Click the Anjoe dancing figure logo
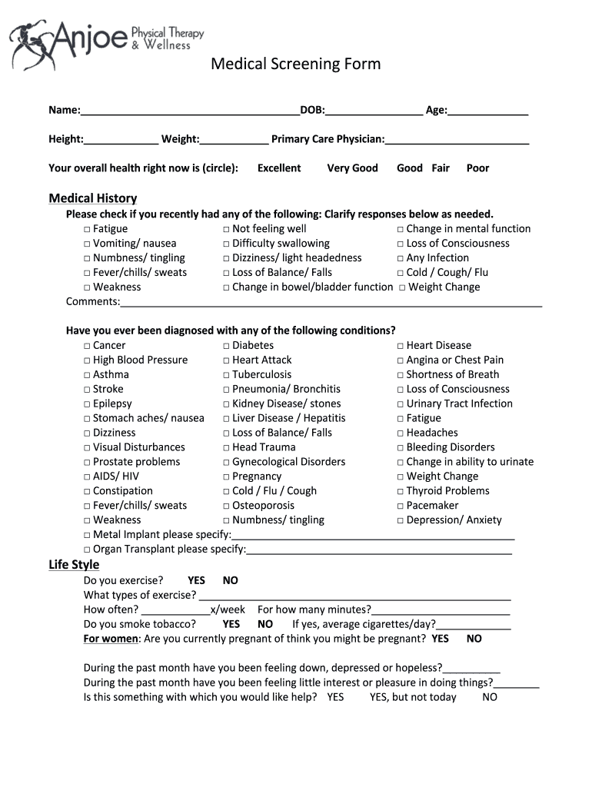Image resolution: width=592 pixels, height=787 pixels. (x=31, y=45)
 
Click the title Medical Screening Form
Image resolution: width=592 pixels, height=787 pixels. (x=296, y=64)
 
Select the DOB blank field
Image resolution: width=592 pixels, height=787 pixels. (x=374, y=111)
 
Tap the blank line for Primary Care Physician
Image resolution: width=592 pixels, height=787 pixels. (x=457, y=139)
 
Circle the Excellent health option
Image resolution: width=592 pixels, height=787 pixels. (x=279, y=168)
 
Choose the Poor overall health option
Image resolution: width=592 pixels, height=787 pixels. (x=477, y=168)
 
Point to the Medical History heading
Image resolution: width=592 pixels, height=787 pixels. (x=92, y=198)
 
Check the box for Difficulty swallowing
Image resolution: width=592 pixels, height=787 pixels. (x=227, y=244)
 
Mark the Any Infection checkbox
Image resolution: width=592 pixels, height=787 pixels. (x=401, y=258)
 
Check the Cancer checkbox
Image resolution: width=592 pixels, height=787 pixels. (x=87, y=346)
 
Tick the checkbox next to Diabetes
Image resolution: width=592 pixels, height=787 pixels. (x=227, y=346)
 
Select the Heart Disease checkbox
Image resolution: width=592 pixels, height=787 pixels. (x=401, y=346)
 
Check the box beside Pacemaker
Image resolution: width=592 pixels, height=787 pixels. (x=401, y=506)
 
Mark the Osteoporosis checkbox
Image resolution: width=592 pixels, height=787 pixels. (x=227, y=506)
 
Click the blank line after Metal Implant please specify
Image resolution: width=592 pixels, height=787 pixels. (x=373, y=535)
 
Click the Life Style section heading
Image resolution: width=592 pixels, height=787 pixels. (x=74, y=565)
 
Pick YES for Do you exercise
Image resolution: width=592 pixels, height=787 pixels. (x=196, y=581)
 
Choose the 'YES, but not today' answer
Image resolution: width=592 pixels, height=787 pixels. (x=413, y=697)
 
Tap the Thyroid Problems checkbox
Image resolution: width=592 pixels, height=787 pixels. (x=401, y=491)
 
